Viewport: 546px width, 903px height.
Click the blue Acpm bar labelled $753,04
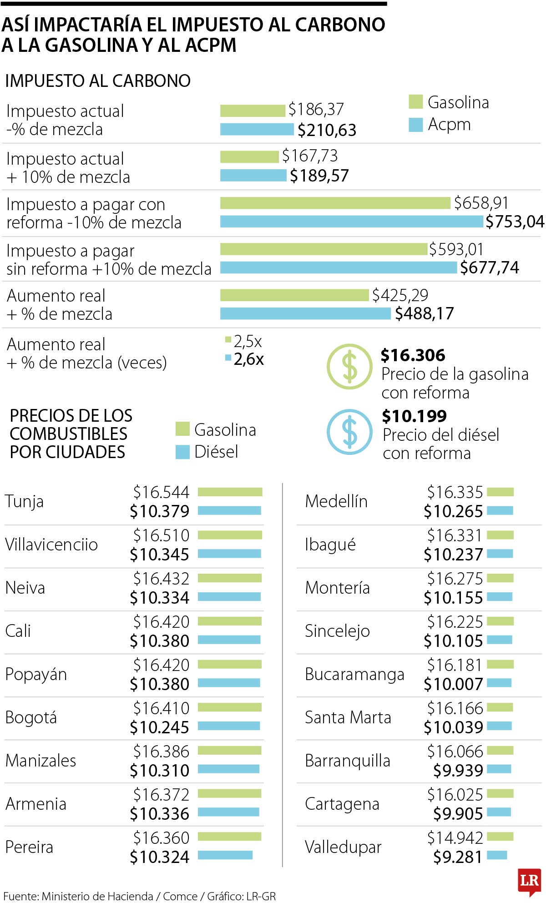(x=351, y=222)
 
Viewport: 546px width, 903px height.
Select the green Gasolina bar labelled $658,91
(x=335, y=203)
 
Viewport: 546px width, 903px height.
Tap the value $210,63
(x=327, y=130)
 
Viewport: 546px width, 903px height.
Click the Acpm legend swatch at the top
(x=416, y=125)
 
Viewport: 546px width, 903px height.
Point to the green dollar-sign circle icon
(x=349, y=366)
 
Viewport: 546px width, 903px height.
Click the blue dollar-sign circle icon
(x=349, y=432)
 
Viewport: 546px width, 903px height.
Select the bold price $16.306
(x=413, y=355)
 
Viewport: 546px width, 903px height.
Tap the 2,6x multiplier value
(x=248, y=359)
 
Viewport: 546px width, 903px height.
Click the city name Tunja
(x=25, y=501)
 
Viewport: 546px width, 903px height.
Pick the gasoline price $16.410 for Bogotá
(x=161, y=708)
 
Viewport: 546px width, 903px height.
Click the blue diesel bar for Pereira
(x=225, y=855)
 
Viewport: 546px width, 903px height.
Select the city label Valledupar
(x=343, y=847)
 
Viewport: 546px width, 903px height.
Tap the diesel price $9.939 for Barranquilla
(x=458, y=770)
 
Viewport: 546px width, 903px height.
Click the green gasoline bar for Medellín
(x=500, y=492)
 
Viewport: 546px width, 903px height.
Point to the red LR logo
(x=529, y=881)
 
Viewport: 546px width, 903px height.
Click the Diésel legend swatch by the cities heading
(x=182, y=452)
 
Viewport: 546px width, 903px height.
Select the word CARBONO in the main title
(x=340, y=25)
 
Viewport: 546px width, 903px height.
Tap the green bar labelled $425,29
(x=294, y=295)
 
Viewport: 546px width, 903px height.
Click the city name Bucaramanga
(x=354, y=674)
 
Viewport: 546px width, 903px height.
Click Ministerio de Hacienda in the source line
(x=97, y=896)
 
